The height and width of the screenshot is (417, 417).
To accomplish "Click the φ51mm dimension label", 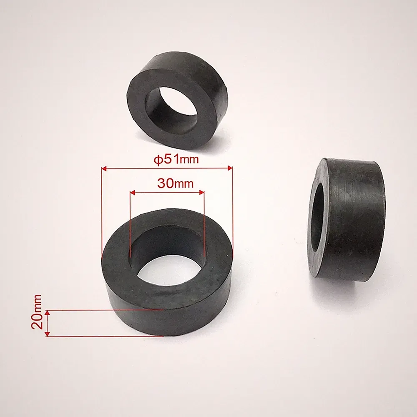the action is click(176, 160).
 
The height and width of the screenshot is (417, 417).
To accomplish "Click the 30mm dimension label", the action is click(175, 183).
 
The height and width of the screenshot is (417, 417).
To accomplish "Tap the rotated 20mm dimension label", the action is click(36, 311).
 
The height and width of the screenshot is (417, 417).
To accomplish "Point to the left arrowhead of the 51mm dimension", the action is click(104, 168).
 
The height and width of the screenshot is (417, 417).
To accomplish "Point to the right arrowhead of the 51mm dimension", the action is click(230, 167).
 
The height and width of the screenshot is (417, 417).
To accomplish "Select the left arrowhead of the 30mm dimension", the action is click(133, 192).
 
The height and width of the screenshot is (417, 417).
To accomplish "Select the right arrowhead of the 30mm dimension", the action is click(201, 192).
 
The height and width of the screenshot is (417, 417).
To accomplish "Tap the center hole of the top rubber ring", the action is click(172, 106).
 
